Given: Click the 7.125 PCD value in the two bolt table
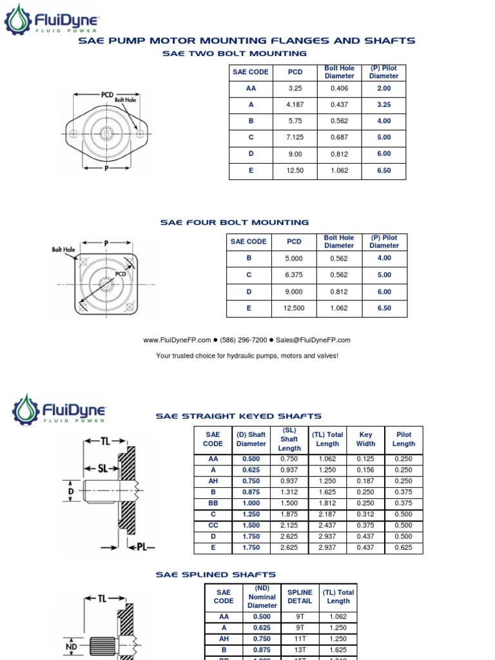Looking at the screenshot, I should point(294,137).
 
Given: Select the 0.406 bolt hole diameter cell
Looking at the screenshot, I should point(339,88).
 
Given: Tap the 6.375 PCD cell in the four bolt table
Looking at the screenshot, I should point(294,275).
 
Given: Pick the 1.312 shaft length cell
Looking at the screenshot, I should point(289,492).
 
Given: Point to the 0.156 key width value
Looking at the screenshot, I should point(365,470).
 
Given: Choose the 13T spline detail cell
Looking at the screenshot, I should point(300,650).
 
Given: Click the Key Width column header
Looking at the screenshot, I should point(365,439).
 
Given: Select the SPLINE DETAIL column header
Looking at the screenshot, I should point(300,596).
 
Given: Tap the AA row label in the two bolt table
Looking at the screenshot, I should point(251,88).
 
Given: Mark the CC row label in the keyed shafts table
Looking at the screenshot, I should point(213,525).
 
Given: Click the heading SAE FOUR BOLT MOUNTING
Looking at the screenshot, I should point(235,222).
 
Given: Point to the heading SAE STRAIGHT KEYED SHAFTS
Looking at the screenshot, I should point(238,416).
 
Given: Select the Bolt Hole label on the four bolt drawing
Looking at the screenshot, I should point(64,249).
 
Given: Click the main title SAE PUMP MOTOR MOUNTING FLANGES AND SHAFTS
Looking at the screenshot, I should point(247,41).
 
